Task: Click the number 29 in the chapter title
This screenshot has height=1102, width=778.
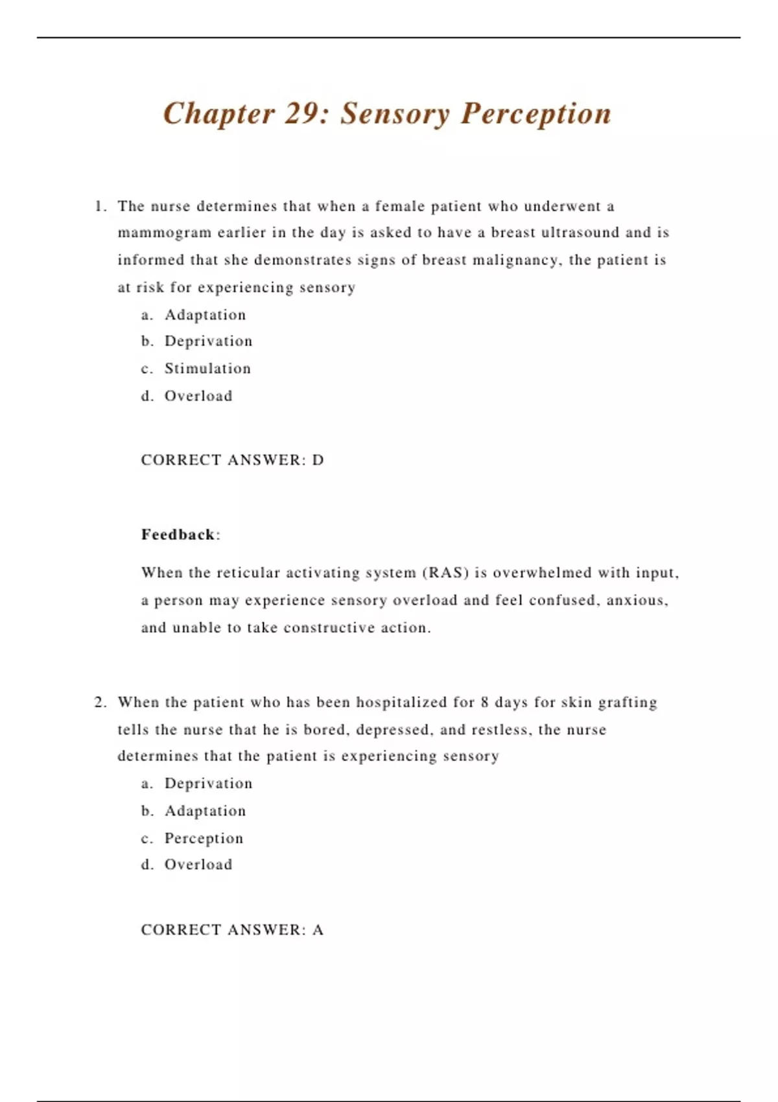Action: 300,113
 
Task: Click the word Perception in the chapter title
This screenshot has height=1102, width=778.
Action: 536,114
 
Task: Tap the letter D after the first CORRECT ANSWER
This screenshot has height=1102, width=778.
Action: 318,460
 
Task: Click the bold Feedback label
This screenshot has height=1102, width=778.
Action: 178,535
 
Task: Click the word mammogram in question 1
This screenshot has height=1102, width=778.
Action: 165,233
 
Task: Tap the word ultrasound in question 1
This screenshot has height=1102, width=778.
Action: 580,233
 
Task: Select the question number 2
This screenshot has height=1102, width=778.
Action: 100,703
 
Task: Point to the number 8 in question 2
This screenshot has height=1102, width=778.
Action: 485,703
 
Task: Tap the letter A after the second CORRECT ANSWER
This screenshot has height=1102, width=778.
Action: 318,930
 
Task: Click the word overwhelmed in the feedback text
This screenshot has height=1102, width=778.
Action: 542,573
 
